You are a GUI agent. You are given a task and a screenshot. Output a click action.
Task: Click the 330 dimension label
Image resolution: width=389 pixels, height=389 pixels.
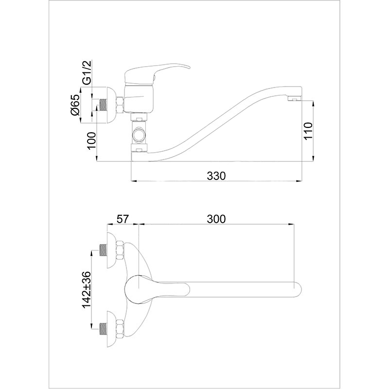(216, 176)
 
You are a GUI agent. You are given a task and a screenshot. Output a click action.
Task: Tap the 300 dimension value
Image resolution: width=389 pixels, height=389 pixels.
(216, 219)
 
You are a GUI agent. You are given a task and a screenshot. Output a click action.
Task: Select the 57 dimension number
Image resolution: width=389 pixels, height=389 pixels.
(123, 219)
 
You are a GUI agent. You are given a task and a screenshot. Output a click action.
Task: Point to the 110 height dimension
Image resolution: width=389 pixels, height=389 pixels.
(308, 131)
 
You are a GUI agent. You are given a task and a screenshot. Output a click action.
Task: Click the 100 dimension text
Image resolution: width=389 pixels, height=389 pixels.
(91, 141)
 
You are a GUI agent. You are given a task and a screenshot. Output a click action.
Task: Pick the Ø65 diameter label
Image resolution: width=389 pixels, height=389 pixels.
(75, 105)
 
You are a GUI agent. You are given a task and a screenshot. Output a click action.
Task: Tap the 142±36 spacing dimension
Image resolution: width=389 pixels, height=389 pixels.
(87, 290)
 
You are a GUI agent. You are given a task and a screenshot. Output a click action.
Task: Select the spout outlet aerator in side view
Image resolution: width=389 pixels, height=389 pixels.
(294, 99)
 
